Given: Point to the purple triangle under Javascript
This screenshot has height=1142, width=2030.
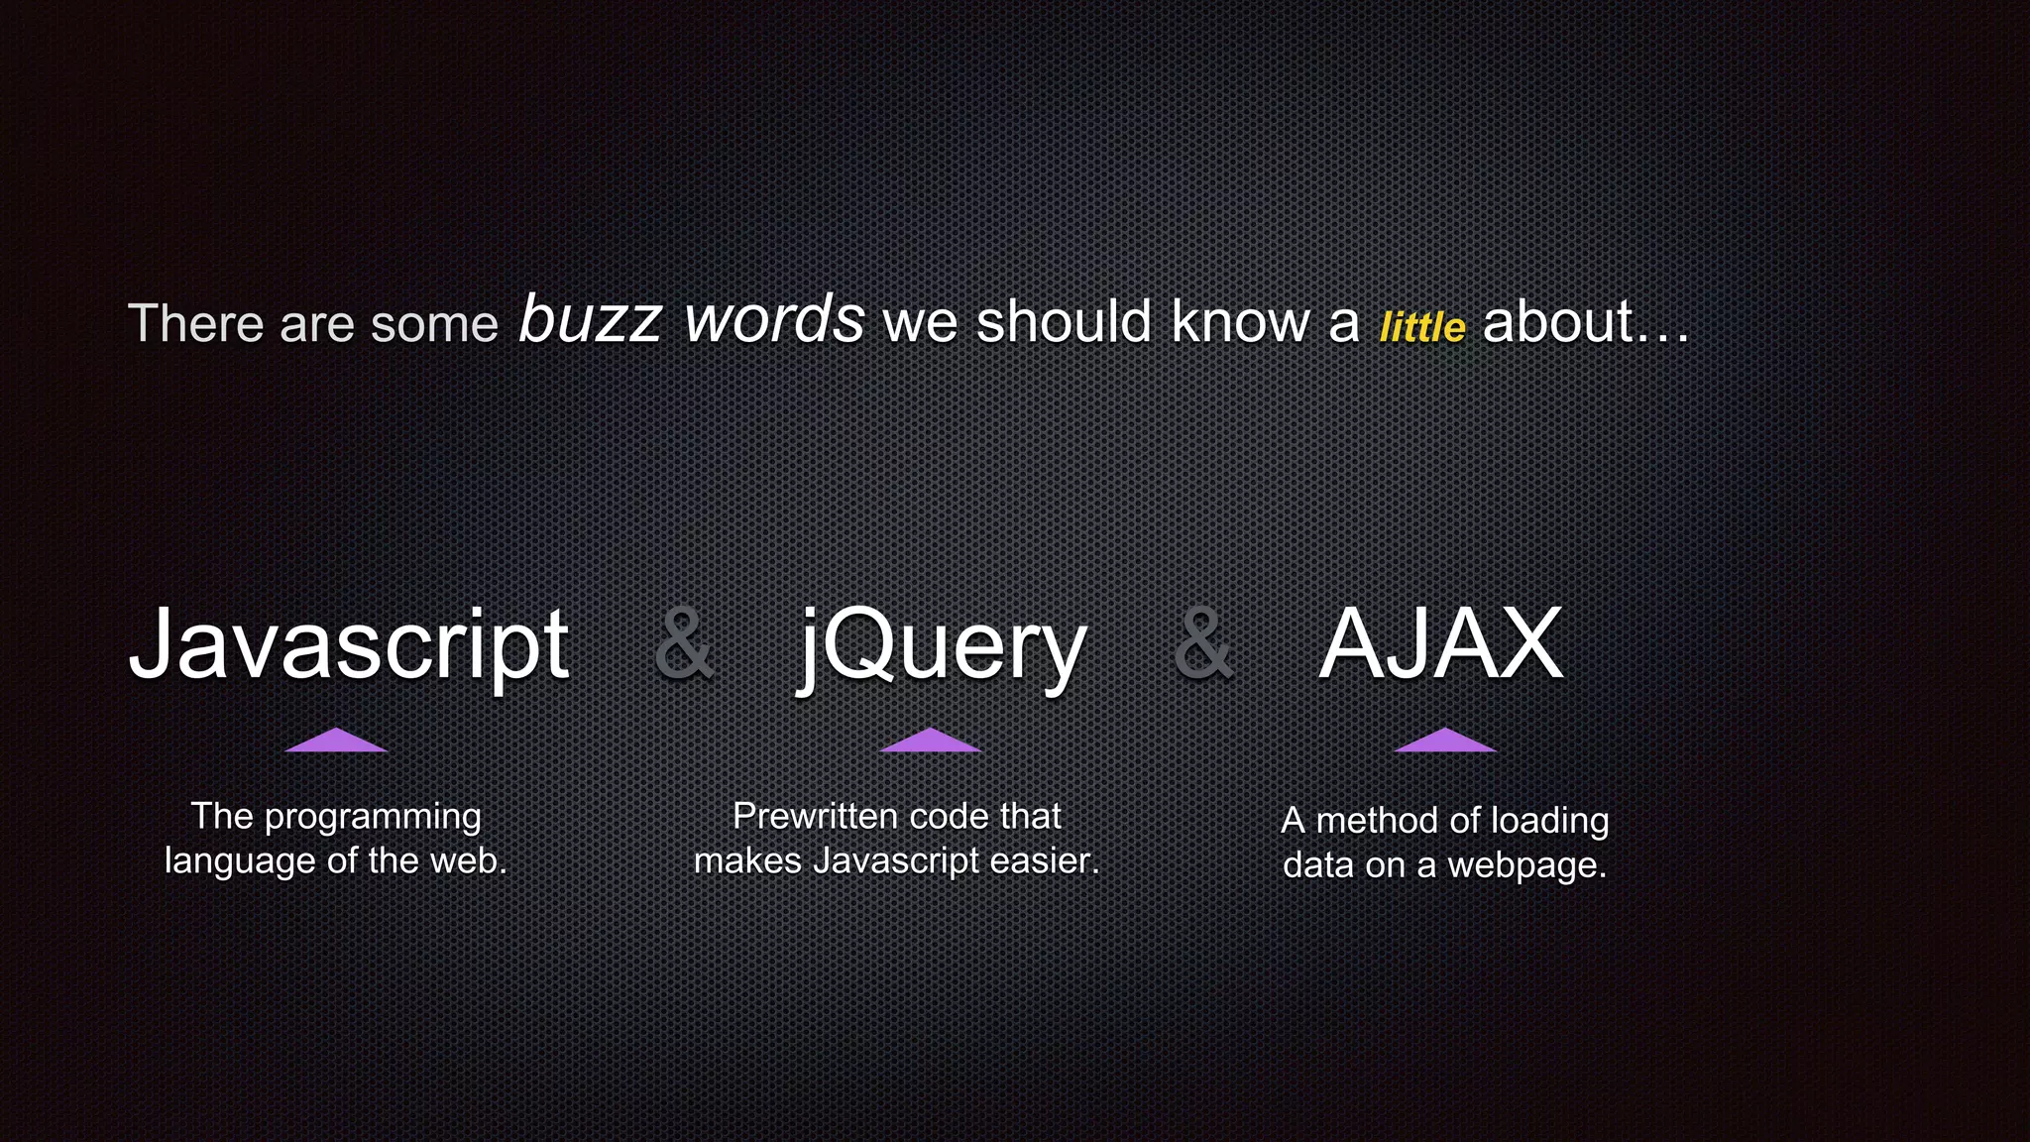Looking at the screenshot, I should [x=336, y=742].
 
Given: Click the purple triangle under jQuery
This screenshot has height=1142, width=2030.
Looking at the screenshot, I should [x=930, y=742].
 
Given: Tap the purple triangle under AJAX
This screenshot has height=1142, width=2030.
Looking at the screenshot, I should [x=1445, y=742].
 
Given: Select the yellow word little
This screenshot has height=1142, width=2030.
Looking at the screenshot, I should [x=1421, y=327].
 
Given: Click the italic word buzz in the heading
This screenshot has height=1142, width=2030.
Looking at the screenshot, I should [x=590, y=319].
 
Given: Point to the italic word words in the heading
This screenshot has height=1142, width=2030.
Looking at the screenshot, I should [x=774, y=319].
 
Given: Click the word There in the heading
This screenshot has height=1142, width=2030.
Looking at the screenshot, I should [x=195, y=323].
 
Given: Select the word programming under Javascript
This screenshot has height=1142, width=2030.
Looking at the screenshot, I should [x=373, y=818].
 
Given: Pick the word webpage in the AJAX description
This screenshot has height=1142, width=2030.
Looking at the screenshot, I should [x=1526, y=866].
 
